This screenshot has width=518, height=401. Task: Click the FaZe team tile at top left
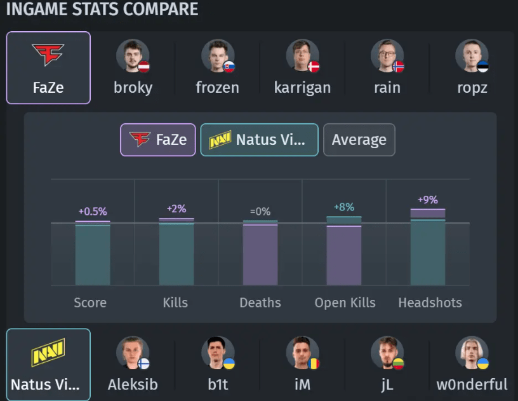[x=48, y=67]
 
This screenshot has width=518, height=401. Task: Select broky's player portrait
[x=133, y=56]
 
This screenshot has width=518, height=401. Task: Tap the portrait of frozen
[x=218, y=56]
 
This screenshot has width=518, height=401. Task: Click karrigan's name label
[x=302, y=87]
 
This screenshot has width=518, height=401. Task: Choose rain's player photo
[x=387, y=56]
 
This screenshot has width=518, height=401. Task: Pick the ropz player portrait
[x=472, y=56]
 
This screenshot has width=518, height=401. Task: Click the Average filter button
[x=359, y=140]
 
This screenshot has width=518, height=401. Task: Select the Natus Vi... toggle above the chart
[x=259, y=140]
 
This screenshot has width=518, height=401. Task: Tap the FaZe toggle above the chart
[x=158, y=140]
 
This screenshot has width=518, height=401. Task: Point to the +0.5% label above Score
[x=93, y=211]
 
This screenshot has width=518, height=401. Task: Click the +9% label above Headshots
[x=427, y=200]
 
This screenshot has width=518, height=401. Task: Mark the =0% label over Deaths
[x=260, y=211]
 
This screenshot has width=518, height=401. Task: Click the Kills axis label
[x=175, y=302]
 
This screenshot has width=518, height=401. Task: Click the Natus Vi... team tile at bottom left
[x=48, y=364]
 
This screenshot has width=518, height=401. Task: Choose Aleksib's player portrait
[x=133, y=353]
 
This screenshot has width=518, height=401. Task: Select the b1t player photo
[x=218, y=353]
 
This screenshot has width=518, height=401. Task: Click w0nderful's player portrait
[x=472, y=353]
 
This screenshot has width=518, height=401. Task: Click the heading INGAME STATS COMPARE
[x=102, y=10]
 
